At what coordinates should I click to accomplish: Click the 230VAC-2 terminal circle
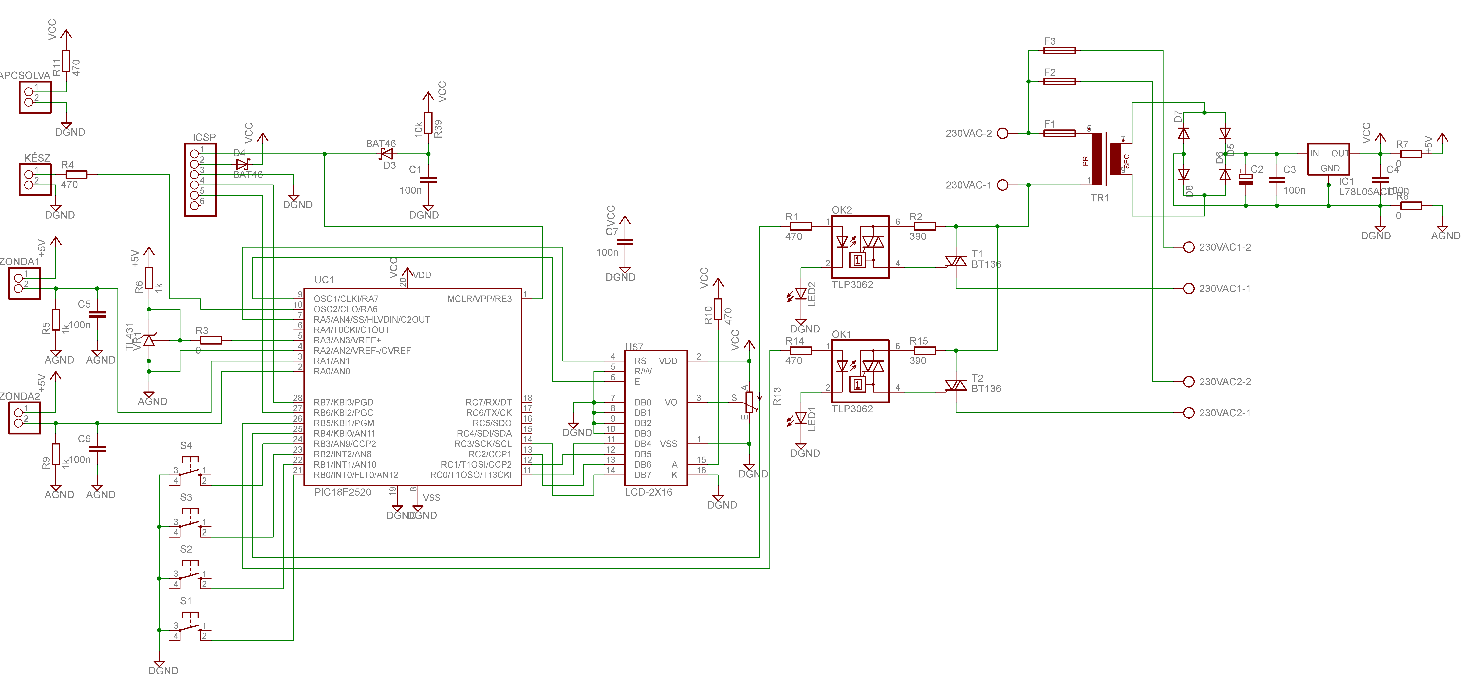[x=1002, y=133]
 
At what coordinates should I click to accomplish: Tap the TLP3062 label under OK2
[x=852, y=285]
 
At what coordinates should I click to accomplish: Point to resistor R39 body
[x=428, y=122]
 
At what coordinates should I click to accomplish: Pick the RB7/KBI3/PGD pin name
[x=343, y=403]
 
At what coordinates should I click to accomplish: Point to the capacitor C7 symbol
[x=625, y=242]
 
